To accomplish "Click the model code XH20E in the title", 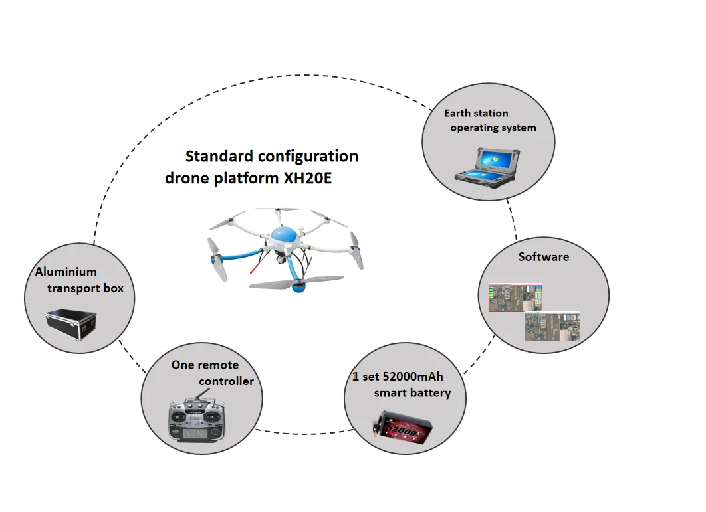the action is tap(307, 178).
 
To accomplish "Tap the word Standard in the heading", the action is tap(219, 156).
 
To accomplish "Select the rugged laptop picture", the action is tap(487, 167).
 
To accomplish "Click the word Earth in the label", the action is tap(457, 113).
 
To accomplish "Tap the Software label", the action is tap(543, 257).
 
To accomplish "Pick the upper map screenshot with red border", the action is tap(516, 298).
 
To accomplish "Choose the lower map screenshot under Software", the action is tap(552, 326).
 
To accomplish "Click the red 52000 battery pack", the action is tap(403, 428).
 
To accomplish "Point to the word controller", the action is tap(226, 382).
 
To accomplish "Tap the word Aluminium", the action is tap(66, 272).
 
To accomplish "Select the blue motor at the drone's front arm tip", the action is tap(298, 286).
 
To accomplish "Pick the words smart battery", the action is tap(412, 393).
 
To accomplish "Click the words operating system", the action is tap(493, 128).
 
